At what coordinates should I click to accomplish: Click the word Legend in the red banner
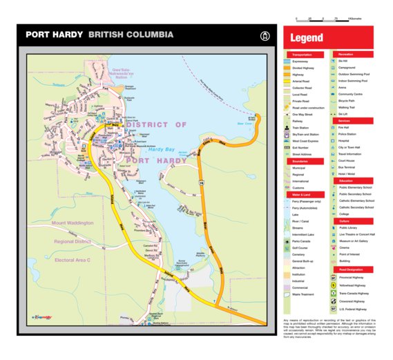307,39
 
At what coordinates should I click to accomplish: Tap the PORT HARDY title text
54,35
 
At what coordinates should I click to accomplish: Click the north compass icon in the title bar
263,35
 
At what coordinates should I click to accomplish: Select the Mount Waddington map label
72,223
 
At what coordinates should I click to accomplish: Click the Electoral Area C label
73,260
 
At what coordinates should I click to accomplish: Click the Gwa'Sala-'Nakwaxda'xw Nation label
122,74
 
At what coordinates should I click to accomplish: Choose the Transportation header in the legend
302,54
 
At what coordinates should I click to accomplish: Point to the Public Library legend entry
348,227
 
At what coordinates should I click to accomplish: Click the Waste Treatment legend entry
304,294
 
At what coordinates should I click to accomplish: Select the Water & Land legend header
300,195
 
